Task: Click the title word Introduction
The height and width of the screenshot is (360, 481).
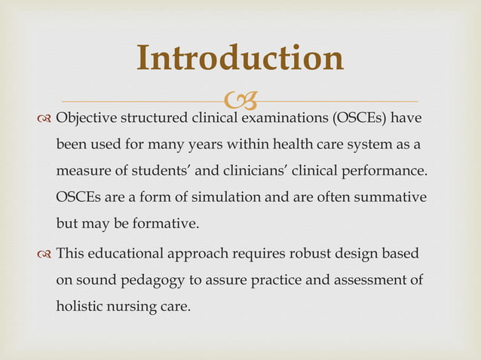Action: [240, 59]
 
